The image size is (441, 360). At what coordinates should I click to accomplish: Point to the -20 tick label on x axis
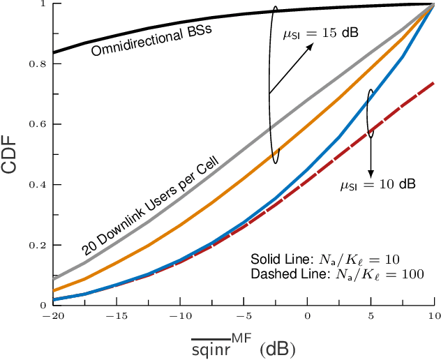[50, 315]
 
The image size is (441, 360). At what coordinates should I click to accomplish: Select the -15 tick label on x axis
[114, 315]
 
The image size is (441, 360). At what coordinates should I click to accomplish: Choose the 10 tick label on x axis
[433, 315]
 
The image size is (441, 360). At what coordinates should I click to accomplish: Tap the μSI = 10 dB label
[378, 185]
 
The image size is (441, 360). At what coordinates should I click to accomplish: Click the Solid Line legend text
[324, 259]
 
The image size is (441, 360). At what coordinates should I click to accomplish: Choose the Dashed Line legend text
[336, 274]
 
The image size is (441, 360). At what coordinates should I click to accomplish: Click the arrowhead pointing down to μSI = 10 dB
[371, 172]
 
